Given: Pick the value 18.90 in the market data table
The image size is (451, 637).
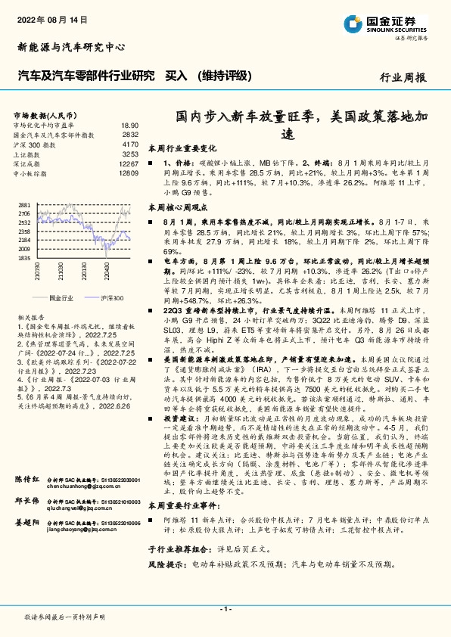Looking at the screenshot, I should [129, 125].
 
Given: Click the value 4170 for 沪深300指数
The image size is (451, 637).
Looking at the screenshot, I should [130, 144].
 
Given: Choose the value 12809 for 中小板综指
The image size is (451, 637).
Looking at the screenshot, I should [128, 173].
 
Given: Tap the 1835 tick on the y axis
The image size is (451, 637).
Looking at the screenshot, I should [23, 258].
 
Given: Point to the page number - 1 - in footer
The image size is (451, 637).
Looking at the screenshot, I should [225, 608].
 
